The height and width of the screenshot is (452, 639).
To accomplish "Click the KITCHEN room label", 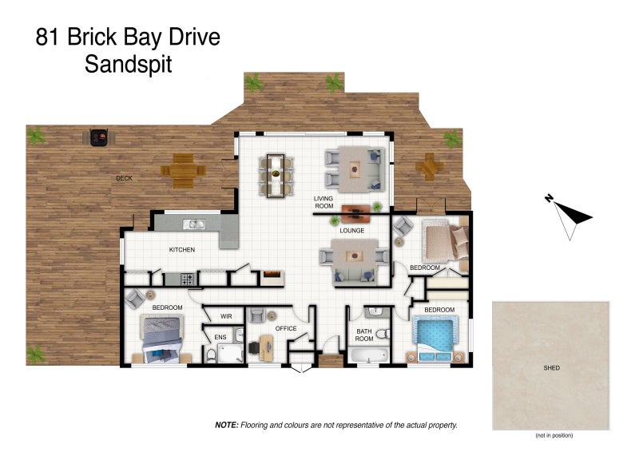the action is coord(182,249).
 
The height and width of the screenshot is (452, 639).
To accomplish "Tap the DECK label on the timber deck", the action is coord(124,178).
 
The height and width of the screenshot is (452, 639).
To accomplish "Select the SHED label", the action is coord(551,367).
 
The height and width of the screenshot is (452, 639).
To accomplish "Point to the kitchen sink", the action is coord(193,224).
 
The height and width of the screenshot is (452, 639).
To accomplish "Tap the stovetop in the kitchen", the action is coord(188,280).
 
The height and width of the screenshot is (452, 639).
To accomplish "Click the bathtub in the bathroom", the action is coord(368,355).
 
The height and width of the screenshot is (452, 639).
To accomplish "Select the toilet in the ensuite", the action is coord(211,356).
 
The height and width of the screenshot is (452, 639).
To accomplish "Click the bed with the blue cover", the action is coord(435,340).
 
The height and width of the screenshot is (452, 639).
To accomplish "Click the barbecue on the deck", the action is coord(98,138).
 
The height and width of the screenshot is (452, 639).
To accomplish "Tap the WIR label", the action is coord(226,316).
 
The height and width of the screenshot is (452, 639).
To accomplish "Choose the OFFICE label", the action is coord(286,328).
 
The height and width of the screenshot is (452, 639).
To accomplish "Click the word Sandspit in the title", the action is coord(129,65).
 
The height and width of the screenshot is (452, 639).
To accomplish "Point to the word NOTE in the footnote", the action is coord(227,425).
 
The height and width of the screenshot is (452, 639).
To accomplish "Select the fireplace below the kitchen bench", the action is coord(272,278).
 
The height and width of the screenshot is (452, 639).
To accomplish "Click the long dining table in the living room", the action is coord(276,175).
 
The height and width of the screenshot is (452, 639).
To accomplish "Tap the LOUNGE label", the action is coord(352,231).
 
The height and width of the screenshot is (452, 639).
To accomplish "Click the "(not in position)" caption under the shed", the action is coord(554,435).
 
